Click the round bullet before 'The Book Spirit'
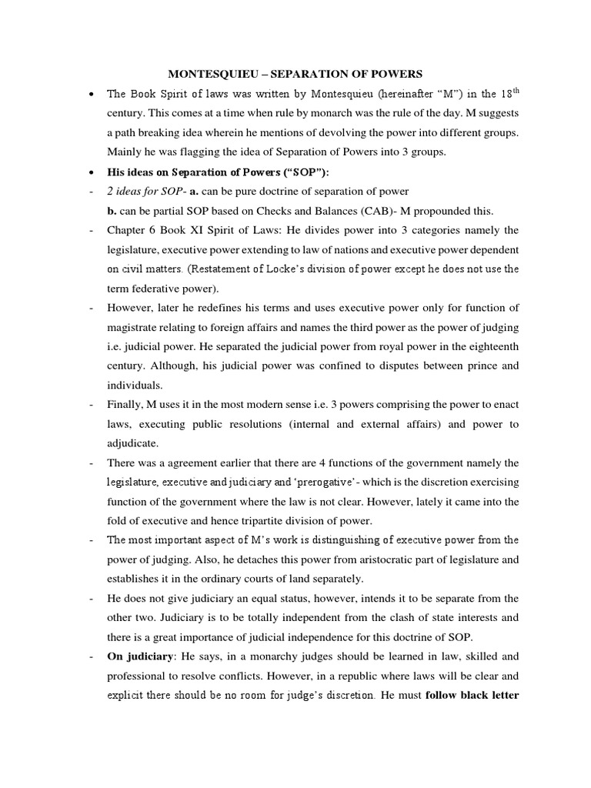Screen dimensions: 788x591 92,95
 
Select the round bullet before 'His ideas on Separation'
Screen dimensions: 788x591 92,171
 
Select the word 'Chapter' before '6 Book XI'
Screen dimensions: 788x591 128,230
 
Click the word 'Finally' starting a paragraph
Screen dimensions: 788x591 125,405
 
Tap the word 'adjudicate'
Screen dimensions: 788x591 133,443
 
